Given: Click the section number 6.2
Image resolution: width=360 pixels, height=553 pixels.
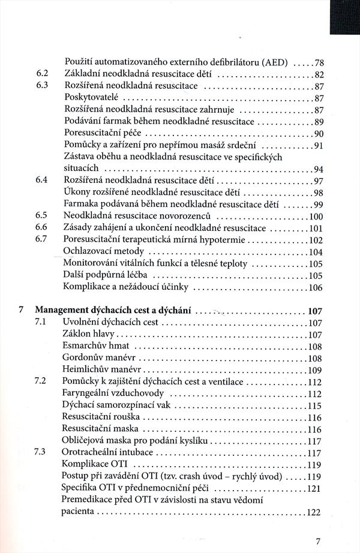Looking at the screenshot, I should click(x=41, y=74).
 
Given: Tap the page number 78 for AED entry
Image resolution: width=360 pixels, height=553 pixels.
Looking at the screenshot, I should click(x=319, y=62).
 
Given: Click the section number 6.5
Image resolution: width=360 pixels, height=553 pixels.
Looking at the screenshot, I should click(x=41, y=217).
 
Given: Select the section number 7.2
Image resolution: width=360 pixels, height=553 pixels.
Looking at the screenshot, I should click(x=41, y=382).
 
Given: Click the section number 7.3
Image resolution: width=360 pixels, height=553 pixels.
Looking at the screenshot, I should click(x=41, y=453).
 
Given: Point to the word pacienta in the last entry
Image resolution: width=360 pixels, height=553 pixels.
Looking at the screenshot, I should click(x=80, y=513).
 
